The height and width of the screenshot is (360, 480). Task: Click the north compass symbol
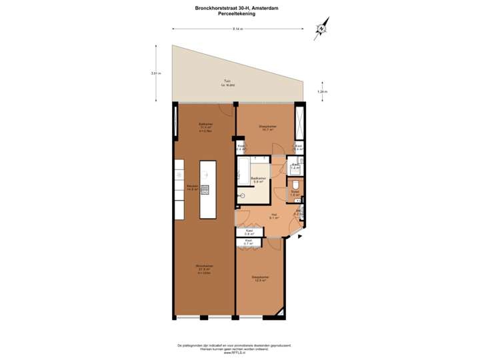[321, 29]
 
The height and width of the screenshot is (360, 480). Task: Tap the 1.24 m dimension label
[323, 91]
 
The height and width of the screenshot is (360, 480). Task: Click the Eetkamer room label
[205, 127]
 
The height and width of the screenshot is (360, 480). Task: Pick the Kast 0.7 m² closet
[248, 242]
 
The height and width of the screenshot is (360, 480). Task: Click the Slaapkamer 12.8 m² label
[260, 279]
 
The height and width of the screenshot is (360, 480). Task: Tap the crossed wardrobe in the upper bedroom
[300, 121]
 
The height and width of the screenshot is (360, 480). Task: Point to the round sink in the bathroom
[243, 195]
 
